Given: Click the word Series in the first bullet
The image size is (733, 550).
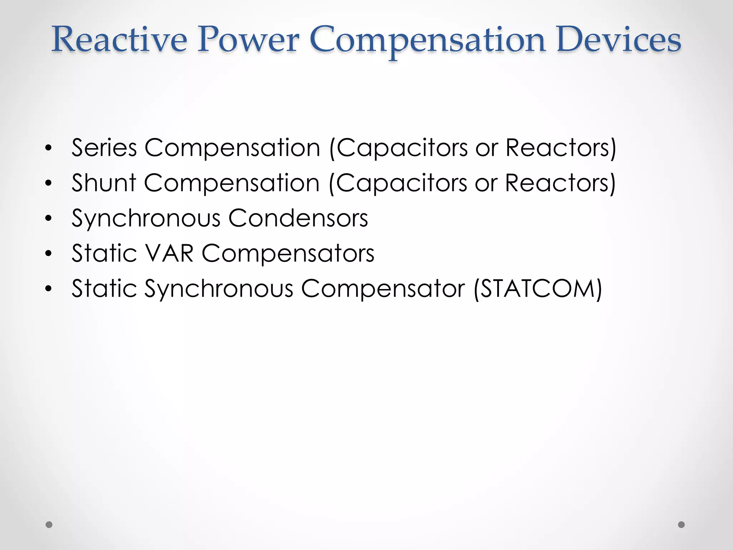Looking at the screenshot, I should [104, 148].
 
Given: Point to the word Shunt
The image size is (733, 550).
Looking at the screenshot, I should [104, 183].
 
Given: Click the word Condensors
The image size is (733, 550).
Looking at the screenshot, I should [298, 218].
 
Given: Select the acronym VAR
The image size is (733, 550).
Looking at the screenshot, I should [169, 253].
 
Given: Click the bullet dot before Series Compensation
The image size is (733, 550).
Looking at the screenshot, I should [49, 148].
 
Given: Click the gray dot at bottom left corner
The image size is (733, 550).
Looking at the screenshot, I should [49, 525].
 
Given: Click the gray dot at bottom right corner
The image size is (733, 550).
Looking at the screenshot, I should [681, 525].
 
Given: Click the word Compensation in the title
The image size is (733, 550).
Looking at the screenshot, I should [428, 40].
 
